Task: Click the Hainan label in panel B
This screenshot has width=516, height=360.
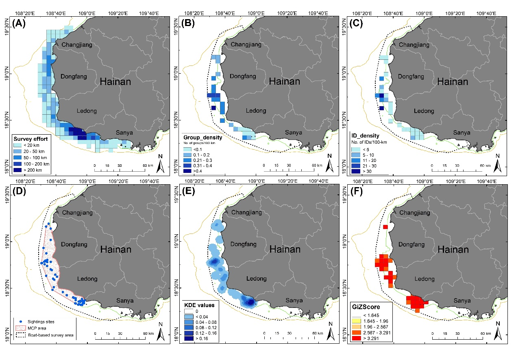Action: tap(285, 81)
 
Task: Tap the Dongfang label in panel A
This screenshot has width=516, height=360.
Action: tap(73, 76)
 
